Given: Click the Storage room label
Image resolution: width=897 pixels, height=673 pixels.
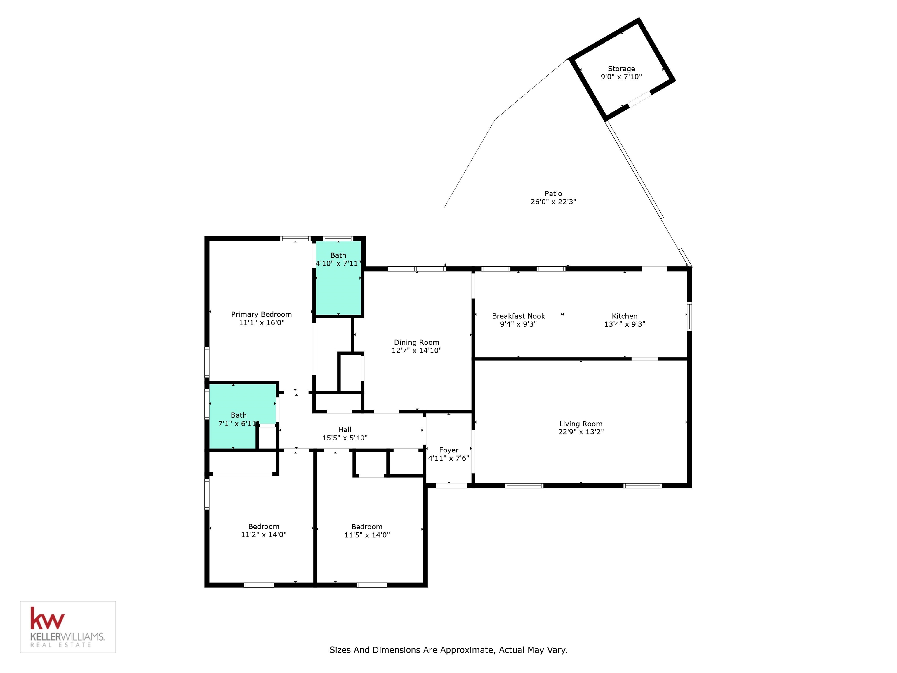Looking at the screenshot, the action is pyautogui.click(x=621, y=69).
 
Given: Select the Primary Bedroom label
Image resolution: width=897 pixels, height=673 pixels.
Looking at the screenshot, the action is pyautogui.click(x=262, y=314).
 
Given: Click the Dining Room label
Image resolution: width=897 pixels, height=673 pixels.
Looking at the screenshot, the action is pyautogui.click(x=416, y=342).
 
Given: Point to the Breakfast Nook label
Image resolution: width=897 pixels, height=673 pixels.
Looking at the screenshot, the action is pyautogui.click(x=519, y=316).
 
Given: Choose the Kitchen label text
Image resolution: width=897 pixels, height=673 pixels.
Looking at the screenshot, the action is pyautogui.click(x=625, y=316).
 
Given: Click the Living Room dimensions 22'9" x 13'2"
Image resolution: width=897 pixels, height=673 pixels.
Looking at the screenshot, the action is pyautogui.click(x=581, y=432).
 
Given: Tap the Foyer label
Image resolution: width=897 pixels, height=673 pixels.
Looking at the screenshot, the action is pyautogui.click(x=448, y=450).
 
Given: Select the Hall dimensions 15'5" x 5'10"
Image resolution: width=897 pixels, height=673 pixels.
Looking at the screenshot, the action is pyautogui.click(x=345, y=438).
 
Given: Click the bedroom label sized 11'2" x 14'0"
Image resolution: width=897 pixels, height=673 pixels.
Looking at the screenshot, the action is pyautogui.click(x=264, y=527).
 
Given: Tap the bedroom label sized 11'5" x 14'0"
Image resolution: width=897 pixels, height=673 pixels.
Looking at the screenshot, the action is pyautogui.click(x=367, y=527).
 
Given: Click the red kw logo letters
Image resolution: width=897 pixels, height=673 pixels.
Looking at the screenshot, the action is pyautogui.click(x=47, y=619).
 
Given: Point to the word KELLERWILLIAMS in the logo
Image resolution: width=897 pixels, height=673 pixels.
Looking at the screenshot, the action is pyautogui.click(x=67, y=637).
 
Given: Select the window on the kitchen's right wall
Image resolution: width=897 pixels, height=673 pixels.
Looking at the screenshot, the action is pyautogui.click(x=689, y=316).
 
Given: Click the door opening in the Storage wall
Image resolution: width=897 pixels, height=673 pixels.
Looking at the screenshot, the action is pyautogui.click(x=639, y=99).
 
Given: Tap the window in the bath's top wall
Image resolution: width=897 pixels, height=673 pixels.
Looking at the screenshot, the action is pyautogui.click(x=338, y=239).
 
